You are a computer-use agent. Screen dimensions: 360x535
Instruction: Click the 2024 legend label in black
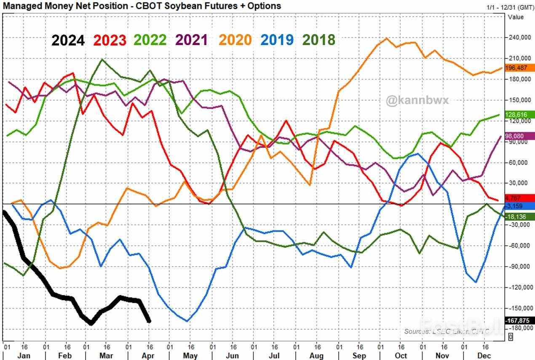(68, 40)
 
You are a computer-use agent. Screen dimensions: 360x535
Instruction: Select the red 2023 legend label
(110, 40)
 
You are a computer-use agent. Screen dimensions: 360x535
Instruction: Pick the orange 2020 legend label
(235, 40)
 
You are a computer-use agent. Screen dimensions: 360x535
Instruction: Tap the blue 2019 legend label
(277, 40)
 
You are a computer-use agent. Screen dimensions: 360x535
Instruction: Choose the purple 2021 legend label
(192, 40)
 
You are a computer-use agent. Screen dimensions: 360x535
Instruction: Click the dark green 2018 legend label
(319, 40)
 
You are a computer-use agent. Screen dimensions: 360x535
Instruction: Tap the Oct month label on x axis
(401, 356)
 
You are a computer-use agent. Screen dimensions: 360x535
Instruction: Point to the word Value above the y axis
(516, 17)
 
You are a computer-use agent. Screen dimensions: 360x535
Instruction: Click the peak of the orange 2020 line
(386, 38)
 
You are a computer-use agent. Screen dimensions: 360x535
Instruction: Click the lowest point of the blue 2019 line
(187, 321)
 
